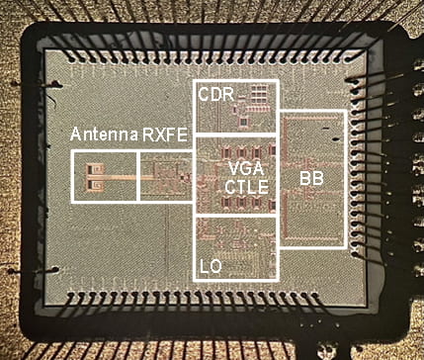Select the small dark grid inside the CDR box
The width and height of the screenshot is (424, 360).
pos(260,94)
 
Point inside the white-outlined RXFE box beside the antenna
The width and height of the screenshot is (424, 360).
pos(164,178)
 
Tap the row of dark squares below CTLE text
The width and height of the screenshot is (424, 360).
pos(241,202)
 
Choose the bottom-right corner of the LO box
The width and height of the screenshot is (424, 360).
pos(279,279)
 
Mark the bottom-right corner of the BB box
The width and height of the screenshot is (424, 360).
pos(345,245)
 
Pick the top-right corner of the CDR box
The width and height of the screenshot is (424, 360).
pos(279,82)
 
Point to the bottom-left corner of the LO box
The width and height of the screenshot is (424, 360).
pos(195,279)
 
